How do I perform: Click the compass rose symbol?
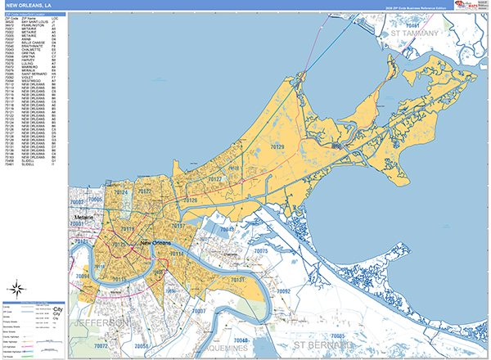point(16,288)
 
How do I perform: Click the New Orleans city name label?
point(158,244)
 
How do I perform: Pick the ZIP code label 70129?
point(277,147)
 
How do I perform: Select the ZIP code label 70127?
point(215,178)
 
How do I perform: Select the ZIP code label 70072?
point(101,346)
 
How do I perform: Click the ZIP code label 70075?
point(260,251)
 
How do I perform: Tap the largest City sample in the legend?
point(57,310)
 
